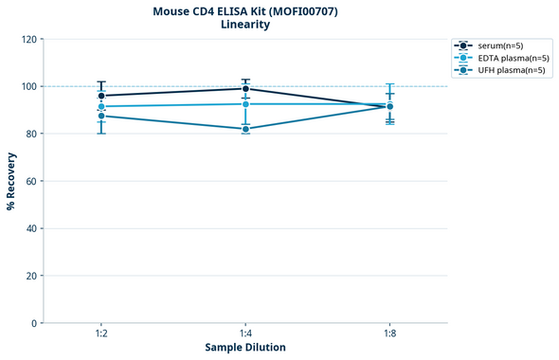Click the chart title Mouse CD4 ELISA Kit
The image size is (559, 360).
point(244,11)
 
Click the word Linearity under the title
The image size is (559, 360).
point(244,26)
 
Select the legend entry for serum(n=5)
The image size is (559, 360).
point(498,45)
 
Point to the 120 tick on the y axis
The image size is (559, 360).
point(28,39)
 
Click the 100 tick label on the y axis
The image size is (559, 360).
point(28,86)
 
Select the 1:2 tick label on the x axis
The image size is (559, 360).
point(101,334)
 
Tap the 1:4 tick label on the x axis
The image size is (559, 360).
point(245,334)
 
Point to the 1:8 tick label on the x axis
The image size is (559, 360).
point(389,334)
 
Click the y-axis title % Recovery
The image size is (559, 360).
point(11,181)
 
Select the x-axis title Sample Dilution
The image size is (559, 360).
point(245,348)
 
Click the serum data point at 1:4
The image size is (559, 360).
point(245,89)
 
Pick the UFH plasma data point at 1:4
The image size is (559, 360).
point(245,129)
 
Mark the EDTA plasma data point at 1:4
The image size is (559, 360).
point(245,104)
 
